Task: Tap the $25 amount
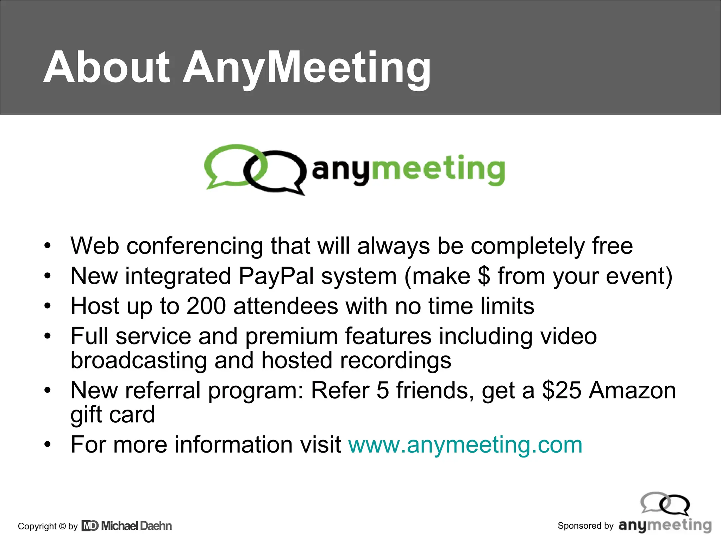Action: [x=562, y=391]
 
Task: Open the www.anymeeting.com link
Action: [x=465, y=445]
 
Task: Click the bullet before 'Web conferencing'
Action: [x=48, y=246]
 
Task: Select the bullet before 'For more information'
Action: [x=48, y=445]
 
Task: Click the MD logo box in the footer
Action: [x=90, y=526]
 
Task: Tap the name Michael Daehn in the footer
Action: [x=137, y=526]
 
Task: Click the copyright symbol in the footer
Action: [x=62, y=526]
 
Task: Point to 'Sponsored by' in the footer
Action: [x=585, y=526]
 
